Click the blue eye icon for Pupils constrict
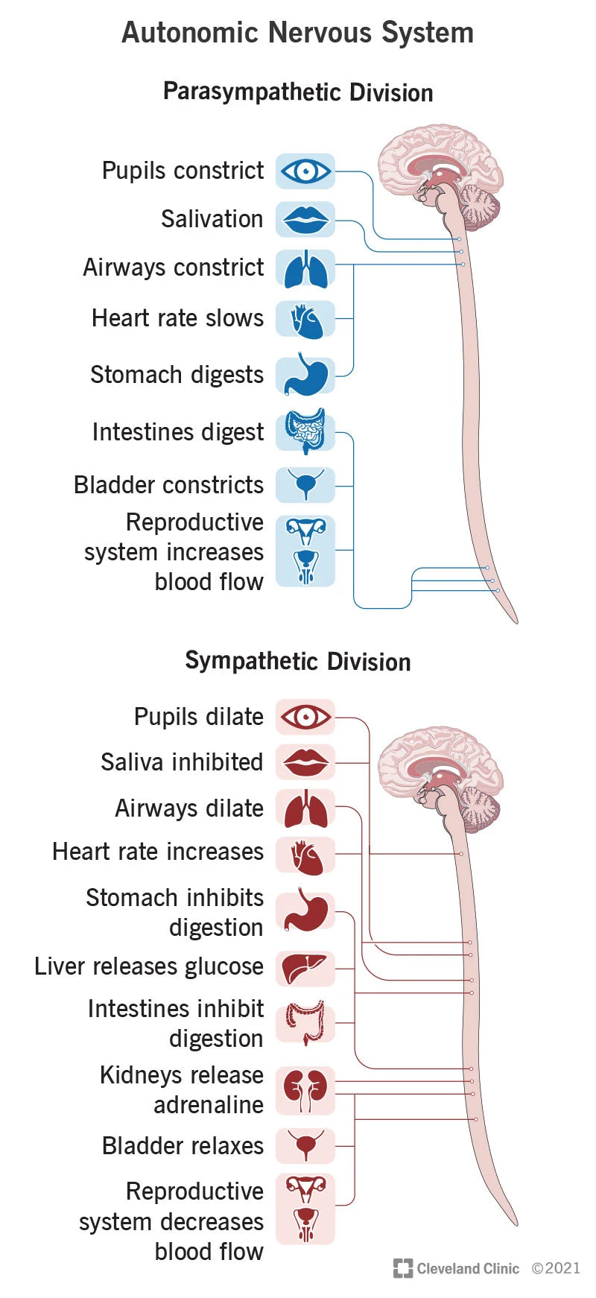click(305, 171)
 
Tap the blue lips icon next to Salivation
click(305, 220)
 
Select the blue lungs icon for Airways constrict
click(305, 269)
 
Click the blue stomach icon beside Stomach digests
click(305, 375)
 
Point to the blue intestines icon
click(305, 431)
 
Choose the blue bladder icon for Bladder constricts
click(305, 484)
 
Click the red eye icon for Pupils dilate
click(305, 718)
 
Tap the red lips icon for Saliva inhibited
click(305, 762)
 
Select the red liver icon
click(305, 968)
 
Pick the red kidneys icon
click(305, 1089)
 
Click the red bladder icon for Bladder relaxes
click(305, 1145)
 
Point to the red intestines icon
click(305, 1022)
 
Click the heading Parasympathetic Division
click(298, 92)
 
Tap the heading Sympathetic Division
click(298, 661)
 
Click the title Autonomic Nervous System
click(298, 33)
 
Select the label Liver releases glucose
click(149, 966)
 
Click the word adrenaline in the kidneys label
click(209, 1105)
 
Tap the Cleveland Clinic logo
click(456, 1268)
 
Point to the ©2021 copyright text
click(556, 1268)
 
